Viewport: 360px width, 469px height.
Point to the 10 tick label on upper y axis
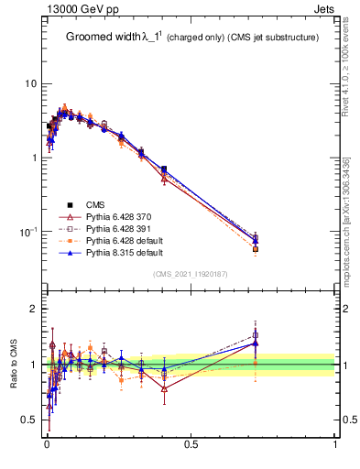pos(30,83)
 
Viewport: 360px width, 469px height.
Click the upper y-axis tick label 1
pos(34,158)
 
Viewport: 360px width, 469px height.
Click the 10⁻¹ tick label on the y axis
pos(27,231)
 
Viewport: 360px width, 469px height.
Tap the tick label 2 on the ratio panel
pos(34,309)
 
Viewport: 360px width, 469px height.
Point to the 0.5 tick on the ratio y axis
pos(28,420)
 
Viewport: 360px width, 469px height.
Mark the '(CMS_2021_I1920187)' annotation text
pos(191,274)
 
